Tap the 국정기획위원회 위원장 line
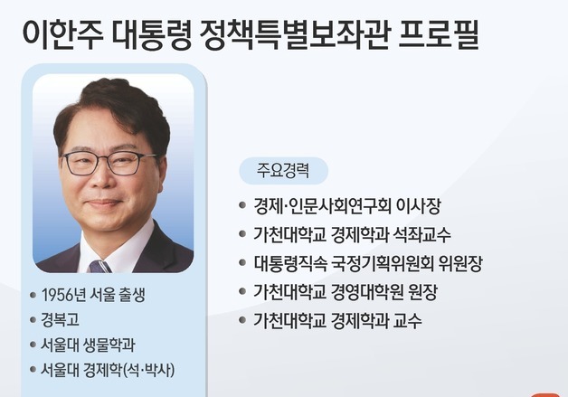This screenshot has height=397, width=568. (368, 264)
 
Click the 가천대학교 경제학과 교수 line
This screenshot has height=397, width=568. (337, 321)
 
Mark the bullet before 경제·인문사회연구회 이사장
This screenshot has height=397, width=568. (242, 207)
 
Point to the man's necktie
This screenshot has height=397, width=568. (99, 266)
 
